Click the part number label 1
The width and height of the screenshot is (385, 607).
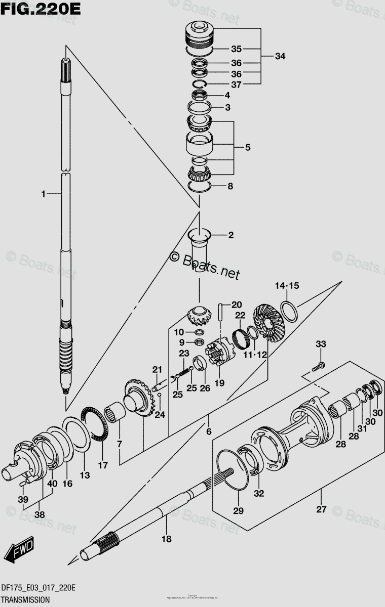pos(44,193)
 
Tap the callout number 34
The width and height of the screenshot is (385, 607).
pos(280,56)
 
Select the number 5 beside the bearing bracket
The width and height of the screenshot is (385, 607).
pos(247,148)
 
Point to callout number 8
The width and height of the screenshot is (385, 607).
pos(230,186)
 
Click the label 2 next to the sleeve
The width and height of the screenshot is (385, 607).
pos(230,235)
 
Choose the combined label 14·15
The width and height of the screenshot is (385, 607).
pos(287,286)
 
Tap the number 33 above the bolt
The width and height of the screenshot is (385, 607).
pos(321,344)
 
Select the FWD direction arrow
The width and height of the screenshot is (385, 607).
pos(23,548)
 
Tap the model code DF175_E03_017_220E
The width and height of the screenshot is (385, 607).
pos(38,587)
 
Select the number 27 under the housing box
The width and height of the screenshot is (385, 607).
pos(321,509)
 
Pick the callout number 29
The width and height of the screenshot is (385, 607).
pos(238,511)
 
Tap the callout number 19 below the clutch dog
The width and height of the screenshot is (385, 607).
pos(219,383)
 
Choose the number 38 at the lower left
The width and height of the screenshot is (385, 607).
pos(40,514)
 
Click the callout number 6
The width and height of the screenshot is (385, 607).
pos(209,431)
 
